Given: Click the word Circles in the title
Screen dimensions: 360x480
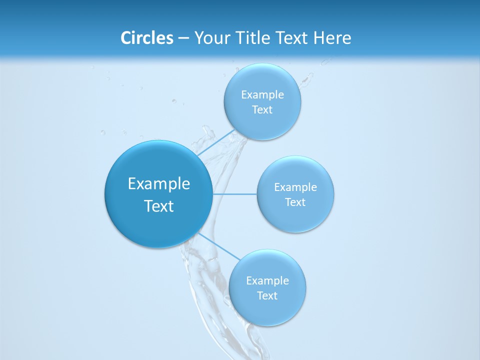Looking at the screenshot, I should pos(146,38).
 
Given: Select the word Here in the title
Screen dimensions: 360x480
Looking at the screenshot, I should pos(332,38).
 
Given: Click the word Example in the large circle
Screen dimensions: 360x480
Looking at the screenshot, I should pos(159,184).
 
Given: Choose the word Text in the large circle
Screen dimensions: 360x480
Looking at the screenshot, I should pos(159,206).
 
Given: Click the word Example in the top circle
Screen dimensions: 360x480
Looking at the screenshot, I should pos(262,95).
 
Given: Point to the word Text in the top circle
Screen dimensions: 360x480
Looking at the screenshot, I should pos(262,110).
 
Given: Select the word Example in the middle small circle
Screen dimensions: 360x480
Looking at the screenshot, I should pos(295,187).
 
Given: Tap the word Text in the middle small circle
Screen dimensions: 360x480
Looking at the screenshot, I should pos(295,202).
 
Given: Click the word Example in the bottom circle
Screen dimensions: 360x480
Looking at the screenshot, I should pos(267,281).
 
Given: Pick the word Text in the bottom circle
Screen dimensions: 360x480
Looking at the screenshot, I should pos(267,296).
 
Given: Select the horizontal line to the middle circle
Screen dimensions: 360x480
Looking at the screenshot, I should pos(235,194).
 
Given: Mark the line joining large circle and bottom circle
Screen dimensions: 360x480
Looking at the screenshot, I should pos(219,245).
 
